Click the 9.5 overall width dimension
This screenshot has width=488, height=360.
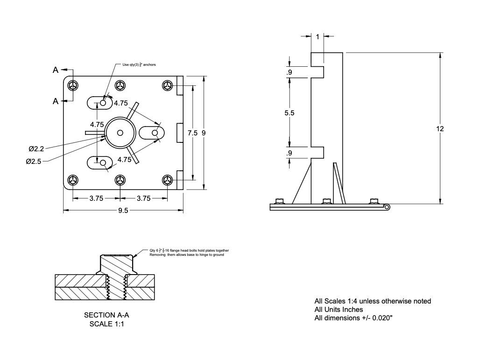(123, 211)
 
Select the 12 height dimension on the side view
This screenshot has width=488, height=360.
(440, 128)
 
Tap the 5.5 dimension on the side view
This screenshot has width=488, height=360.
(289, 113)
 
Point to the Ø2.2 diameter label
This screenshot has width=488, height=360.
(36, 149)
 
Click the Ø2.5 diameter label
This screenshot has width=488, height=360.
(34, 161)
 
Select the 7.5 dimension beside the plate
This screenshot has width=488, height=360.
(192, 133)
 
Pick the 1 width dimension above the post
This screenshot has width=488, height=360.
(318, 36)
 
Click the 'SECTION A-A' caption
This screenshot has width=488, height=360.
(106, 315)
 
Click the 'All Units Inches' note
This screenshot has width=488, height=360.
(339, 310)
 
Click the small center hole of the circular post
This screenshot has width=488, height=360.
(120, 133)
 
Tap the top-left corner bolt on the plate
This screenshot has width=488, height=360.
(73, 85)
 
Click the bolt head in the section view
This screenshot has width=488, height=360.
(116, 264)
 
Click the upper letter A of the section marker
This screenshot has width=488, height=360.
(56, 71)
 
